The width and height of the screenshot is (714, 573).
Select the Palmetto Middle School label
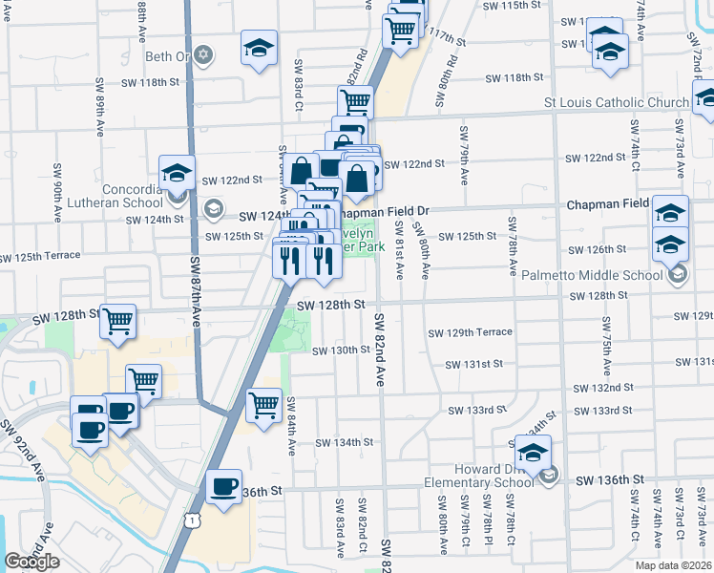coord(592,276)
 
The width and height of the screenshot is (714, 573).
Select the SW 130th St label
coord(341,350)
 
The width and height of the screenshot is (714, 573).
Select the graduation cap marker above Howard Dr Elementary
coord(533,449)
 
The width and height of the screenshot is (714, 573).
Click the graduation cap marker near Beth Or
coord(258,49)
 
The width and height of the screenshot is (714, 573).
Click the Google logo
coord(32,562)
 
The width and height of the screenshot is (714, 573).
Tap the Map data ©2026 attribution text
coord(674,565)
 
